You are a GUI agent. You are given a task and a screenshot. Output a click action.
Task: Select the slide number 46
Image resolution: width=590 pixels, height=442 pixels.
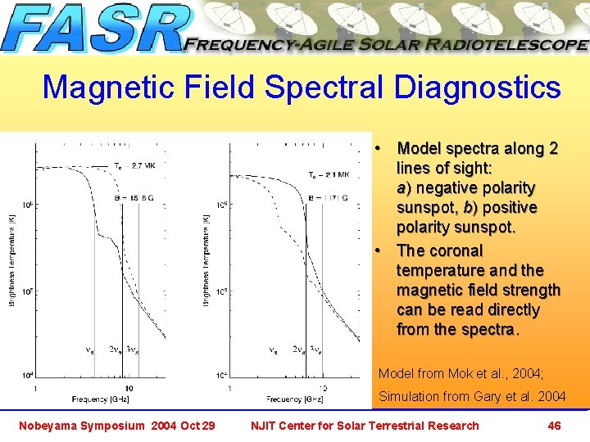tap(554, 426)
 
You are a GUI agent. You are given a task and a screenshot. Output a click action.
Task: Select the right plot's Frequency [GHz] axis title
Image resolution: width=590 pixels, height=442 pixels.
tap(295, 399)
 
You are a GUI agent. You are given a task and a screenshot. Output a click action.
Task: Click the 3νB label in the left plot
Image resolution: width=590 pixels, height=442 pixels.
tap(129, 350)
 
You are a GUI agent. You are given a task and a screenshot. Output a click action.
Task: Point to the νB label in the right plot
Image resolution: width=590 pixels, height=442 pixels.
tap(273, 350)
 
